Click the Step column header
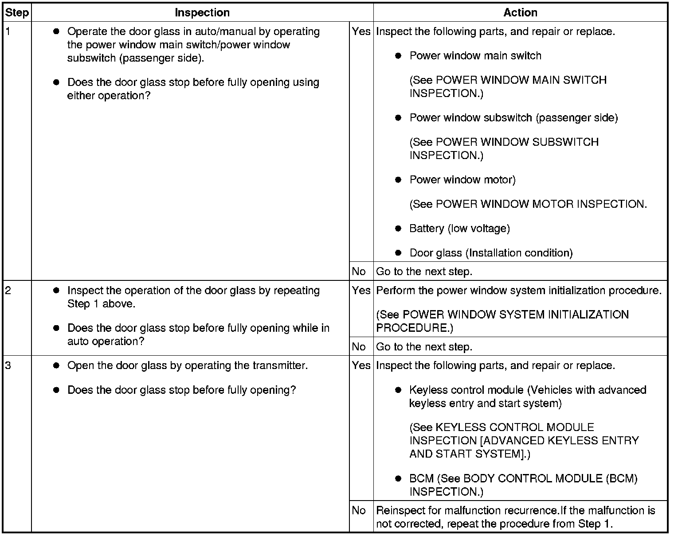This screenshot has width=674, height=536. (16, 13)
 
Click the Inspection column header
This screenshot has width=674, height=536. (202, 13)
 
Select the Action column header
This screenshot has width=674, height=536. (520, 13)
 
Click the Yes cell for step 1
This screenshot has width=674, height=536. (361, 32)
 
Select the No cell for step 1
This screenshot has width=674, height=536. (359, 272)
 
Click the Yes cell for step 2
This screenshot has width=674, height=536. (361, 291)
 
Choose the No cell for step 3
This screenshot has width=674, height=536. (359, 511)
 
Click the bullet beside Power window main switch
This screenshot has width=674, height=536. (398, 56)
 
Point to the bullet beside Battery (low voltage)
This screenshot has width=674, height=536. (398, 229)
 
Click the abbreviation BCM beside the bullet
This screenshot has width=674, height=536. (421, 479)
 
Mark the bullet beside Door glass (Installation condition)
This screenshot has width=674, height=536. (398, 253)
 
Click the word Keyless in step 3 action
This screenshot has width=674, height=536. (427, 390)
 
